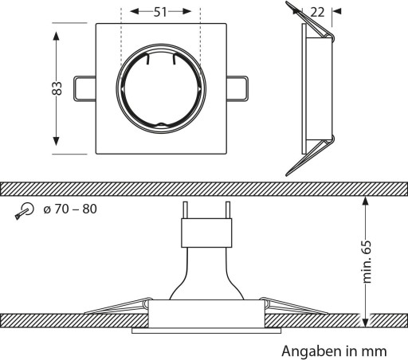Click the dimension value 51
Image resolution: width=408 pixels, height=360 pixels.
(160, 12)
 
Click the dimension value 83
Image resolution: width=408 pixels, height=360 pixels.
(57, 88)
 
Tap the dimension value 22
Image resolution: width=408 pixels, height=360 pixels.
(317, 12)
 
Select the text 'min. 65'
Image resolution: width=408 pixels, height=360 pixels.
(367, 262)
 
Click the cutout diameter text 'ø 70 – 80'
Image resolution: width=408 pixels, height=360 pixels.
(70, 209)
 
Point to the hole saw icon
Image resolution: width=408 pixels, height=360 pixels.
(25, 211)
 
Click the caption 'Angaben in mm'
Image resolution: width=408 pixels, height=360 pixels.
(334, 351)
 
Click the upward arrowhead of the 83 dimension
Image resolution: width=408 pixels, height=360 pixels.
(56, 36)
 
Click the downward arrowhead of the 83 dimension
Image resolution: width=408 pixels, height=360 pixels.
(56, 141)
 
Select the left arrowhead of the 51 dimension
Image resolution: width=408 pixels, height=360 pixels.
(135, 11)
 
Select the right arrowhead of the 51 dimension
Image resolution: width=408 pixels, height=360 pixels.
(186, 11)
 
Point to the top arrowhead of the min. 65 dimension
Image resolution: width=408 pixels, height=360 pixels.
(366, 201)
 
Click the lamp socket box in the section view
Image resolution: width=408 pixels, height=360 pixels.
(206, 233)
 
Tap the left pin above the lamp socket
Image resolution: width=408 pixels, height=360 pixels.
(186, 210)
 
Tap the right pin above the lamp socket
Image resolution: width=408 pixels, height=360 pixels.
(228, 210)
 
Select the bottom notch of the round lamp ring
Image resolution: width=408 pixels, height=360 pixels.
(161, 124)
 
